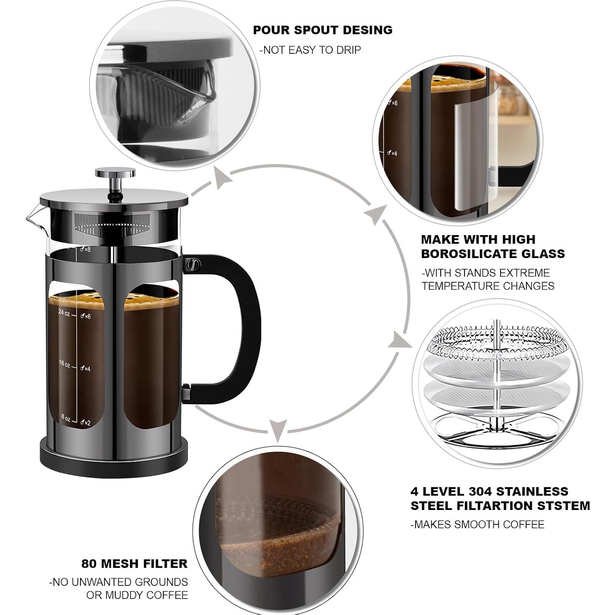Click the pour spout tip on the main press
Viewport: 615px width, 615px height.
tap(27, 218)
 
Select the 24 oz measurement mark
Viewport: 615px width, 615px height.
tap(64, 313)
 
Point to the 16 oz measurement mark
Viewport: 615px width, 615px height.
tap(64, 364)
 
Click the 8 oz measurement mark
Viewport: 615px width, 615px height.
tap(66, 417)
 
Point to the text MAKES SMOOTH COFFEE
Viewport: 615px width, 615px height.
tap(478, 524)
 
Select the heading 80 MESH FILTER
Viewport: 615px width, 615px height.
tap(134, 563)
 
